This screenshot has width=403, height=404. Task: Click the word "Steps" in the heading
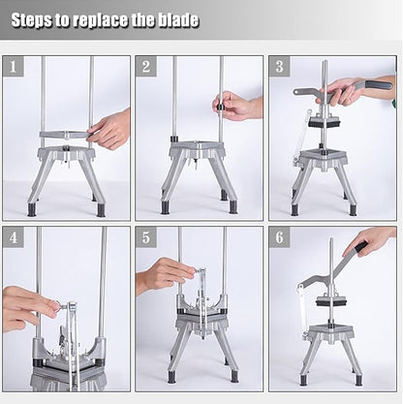pos(31,20)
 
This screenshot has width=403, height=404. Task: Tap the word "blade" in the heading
pos(178,20)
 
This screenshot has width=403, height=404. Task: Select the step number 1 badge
pos(14,67)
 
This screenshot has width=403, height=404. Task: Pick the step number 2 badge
pos(146,67)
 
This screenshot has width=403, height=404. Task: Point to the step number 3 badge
pos(280,67)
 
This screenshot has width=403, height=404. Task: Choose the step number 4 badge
pos(14,237)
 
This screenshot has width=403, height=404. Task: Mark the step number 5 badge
pos(146,237)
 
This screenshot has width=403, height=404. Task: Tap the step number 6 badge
pos(280,237)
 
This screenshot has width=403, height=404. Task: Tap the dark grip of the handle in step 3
pos(379,85)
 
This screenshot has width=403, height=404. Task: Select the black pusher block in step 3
pos(324,122)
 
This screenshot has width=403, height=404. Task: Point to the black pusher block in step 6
pos(331,302)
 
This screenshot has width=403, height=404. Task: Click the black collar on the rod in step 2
pos(174,140)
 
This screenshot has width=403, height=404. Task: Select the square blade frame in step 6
pos(330,329)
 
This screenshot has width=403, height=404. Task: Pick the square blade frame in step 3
pos(323,156)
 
